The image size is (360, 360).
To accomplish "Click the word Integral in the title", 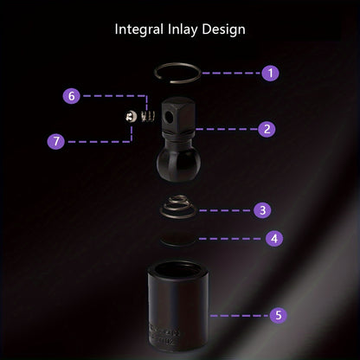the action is [x=139, y=30].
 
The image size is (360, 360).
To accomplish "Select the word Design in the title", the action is [x=223, y=29].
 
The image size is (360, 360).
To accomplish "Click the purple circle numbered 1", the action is [x=270, y=73].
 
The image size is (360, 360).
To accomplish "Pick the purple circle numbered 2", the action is [x=267, y=129].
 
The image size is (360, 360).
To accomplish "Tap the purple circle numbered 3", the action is [x=262, y=210].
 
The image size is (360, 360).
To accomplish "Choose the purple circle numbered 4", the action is [x=274, y=238].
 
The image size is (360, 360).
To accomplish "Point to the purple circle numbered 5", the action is [x=279, y=315].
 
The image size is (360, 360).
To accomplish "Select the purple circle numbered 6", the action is [x=72, y=95].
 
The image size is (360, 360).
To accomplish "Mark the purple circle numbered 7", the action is [x=56, y=141].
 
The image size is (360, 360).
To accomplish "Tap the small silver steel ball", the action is [x=132, y=116].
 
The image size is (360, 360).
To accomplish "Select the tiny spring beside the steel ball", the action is [x=148, y=116].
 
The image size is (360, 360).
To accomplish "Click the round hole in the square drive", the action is [x=168, y=116].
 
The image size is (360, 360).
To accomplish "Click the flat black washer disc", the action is [x=177, y=239].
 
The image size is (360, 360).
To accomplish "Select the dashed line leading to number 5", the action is [x=240, y=316].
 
